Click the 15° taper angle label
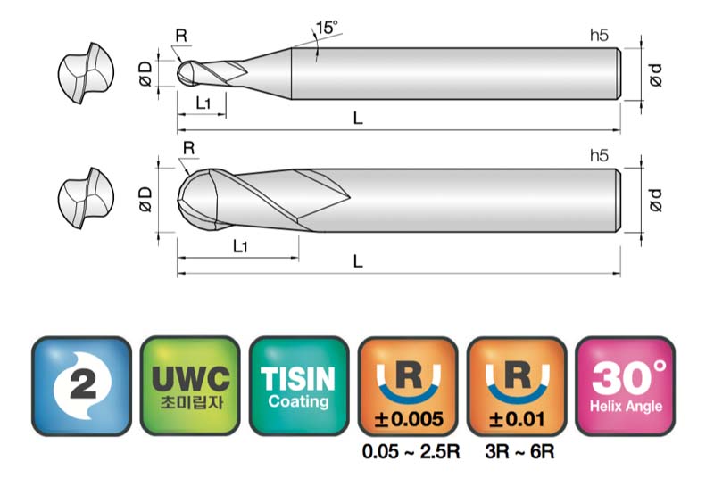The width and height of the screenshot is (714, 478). [327, 28]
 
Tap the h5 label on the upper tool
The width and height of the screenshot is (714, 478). [599, 35]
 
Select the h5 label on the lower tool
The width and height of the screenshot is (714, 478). [599, 155]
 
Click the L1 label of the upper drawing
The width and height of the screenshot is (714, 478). [203, 103]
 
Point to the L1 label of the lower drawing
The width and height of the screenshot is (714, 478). [240, 246]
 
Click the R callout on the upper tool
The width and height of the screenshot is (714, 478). [181, 36]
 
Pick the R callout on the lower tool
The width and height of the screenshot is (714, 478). [188, 148]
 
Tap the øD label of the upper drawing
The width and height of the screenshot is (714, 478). [145, 74]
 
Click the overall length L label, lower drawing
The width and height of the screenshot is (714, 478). [358, 261]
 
